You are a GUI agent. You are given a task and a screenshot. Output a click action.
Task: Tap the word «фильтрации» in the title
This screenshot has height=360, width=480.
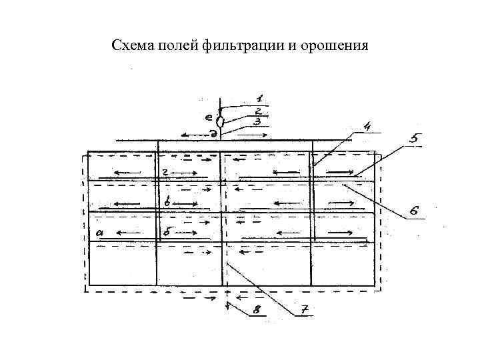point(235,47)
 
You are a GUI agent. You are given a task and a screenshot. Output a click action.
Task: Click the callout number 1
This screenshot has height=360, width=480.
point(259,98)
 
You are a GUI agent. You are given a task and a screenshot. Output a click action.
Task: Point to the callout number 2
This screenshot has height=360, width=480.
point(257,111)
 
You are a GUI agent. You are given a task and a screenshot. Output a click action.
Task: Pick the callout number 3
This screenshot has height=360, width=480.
point(257,121)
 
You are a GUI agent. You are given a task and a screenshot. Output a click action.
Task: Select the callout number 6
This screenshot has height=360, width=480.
point(414,211)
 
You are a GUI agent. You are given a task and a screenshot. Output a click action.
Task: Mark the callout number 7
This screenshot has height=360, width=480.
point(304,311)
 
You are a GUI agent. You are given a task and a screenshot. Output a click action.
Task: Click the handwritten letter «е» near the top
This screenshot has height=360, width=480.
point(208,117)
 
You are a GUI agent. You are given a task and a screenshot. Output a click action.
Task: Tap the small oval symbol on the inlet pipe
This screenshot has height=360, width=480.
point(221,121)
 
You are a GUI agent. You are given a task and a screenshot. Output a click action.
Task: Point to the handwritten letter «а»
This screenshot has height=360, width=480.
point(100,232)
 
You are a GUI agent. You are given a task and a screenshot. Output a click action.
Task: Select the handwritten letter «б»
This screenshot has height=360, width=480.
point(167,231)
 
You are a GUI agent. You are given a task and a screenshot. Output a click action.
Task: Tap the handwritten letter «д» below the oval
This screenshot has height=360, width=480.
point(213,133)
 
